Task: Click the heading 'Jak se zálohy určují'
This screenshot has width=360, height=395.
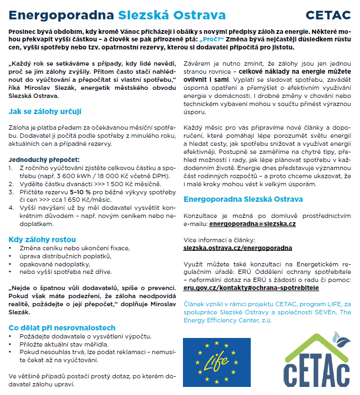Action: click(45, 111)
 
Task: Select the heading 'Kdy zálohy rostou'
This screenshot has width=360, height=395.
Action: click(42, 239)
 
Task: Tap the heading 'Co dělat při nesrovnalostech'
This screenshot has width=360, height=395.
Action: click(62, 328)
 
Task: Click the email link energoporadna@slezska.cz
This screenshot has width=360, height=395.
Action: click(252, 223)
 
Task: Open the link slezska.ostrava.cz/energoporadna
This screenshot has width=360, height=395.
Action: click(238, 248)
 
